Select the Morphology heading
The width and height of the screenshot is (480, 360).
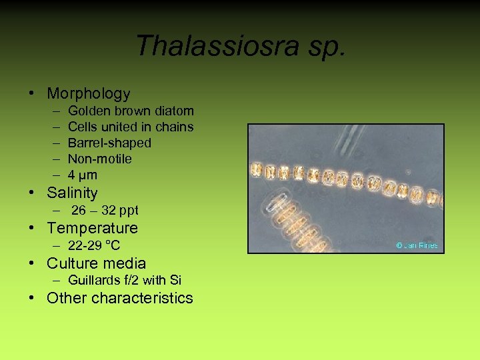[x=89, y=94]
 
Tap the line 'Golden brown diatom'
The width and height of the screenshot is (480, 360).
[x=131, y=111]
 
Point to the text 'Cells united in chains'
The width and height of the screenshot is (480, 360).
[x=131, y=127]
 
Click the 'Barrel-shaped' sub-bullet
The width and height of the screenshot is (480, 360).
[x=109, y=143]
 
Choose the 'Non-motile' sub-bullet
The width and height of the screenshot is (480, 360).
[x=100, y=159]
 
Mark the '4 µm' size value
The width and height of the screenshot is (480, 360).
[x=83, y=175]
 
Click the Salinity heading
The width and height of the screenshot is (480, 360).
[x=72, y=193]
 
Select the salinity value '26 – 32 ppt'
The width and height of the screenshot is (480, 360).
[x=105, y=211]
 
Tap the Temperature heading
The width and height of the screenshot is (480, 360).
[x=92, y=228]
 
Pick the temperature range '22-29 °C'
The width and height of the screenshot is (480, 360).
[x=94, y=245]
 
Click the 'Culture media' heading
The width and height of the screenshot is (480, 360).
[x=96, y=263]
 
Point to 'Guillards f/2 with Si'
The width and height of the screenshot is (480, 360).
[x=125, y=281]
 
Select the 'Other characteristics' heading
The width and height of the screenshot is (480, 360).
[x=120, y=298]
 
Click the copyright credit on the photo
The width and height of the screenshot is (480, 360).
[x=417, y=245]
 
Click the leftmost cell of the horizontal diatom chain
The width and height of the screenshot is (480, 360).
[x=257, y=170]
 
